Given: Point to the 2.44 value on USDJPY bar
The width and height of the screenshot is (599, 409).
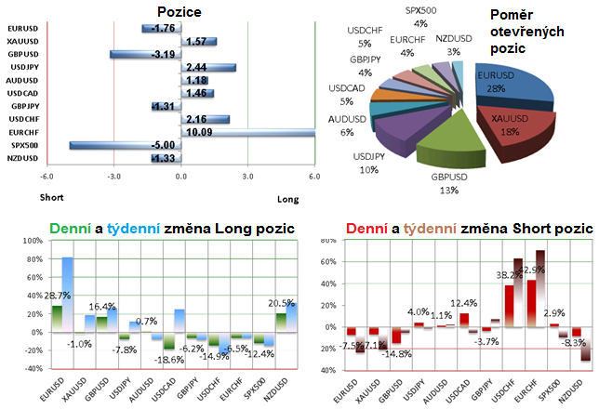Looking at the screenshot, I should [x=197, y=67].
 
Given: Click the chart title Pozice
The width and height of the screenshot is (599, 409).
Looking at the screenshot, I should [x=180, y=12].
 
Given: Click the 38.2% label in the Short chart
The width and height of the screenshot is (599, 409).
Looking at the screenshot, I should [x=507, y=275].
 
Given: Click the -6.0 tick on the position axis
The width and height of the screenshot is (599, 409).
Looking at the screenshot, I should [x=44, y=177].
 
